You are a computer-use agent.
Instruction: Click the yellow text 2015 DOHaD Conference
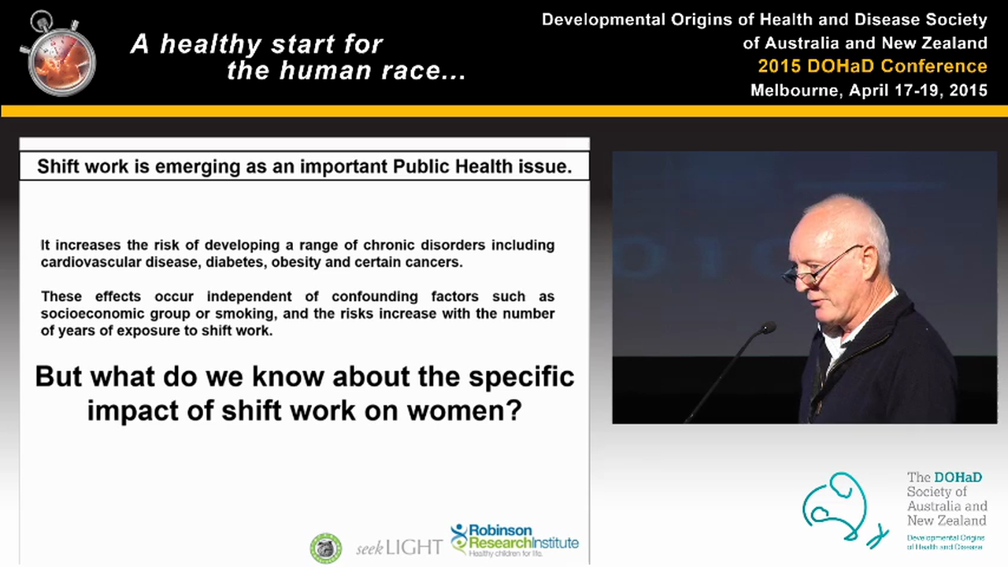[872, 66]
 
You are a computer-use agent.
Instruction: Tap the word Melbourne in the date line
[796, 90]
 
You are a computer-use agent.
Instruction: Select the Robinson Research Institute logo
[514, 540]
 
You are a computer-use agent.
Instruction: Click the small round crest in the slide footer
[325, 547]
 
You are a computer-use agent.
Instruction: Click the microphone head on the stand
[767, 328]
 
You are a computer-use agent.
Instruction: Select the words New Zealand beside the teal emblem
[945, 521]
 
